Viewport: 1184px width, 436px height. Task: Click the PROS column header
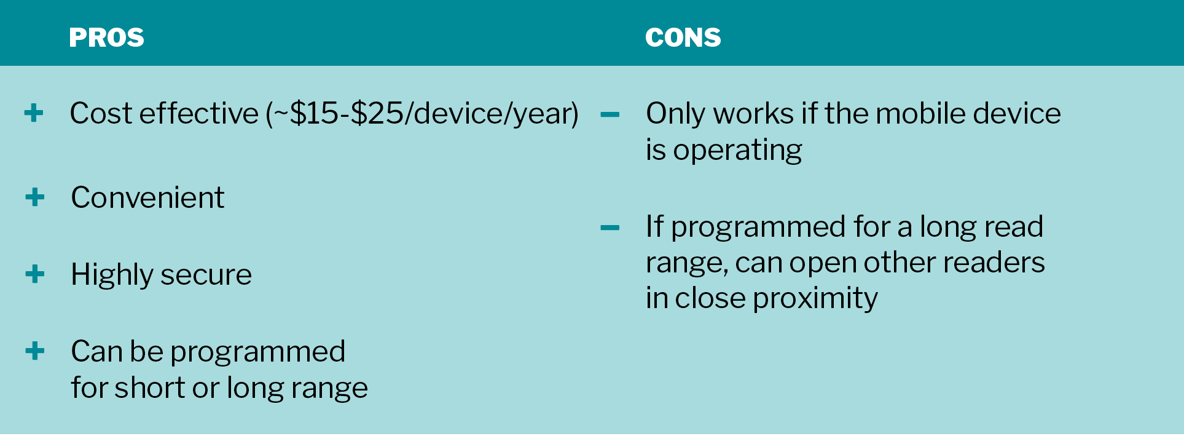pos(106,38)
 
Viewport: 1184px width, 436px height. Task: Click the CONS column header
pos(683,38)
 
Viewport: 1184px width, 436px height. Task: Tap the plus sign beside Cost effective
pos(34,113)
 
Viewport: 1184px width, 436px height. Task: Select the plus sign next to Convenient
pos(35,197)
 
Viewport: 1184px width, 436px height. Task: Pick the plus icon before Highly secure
pos(35,274)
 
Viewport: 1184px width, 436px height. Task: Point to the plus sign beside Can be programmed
pos(35,351)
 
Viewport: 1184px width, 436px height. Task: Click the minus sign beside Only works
pos(610,114)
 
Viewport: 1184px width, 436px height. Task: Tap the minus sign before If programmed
pos(610,228)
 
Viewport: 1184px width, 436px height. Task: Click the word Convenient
pos(147,197)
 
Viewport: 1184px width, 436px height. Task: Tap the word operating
pos(737,151)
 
